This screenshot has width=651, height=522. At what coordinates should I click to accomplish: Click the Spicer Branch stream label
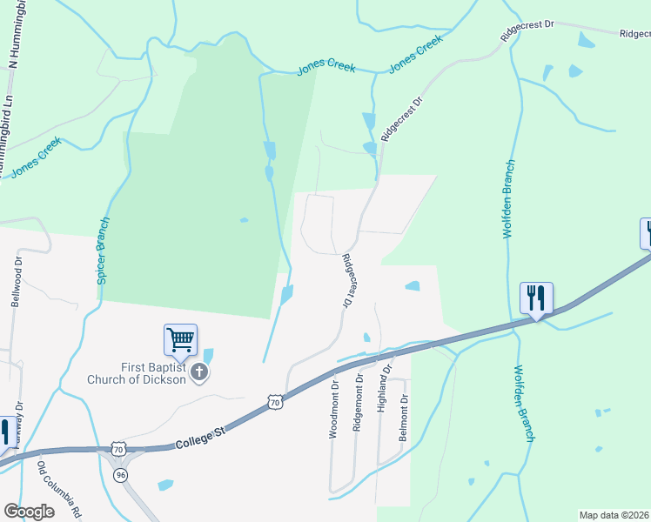103,251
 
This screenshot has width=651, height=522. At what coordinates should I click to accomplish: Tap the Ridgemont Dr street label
358,403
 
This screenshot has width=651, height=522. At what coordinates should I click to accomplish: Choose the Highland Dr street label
381,395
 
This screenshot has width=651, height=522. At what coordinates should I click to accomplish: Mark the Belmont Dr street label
404,418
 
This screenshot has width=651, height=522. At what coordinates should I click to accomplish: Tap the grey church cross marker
199,373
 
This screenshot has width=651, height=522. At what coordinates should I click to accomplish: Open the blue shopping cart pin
180,340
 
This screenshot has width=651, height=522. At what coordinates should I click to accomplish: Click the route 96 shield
120,475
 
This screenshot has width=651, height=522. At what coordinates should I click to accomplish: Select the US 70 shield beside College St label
275,402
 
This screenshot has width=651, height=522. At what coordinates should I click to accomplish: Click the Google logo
29,512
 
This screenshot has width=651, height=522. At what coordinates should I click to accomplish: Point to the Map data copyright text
614,515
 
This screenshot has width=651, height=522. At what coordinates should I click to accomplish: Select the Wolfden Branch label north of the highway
509,199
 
